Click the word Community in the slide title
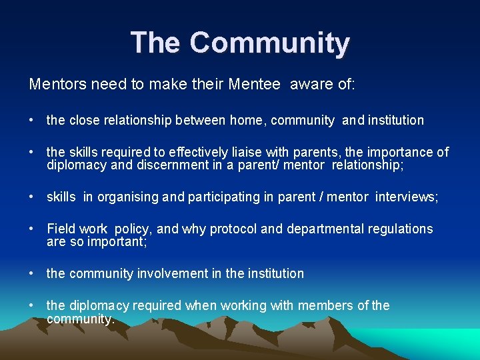point(269,43)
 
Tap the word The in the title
point(155,43)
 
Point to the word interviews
point(406,197)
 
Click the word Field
point(61,229)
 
